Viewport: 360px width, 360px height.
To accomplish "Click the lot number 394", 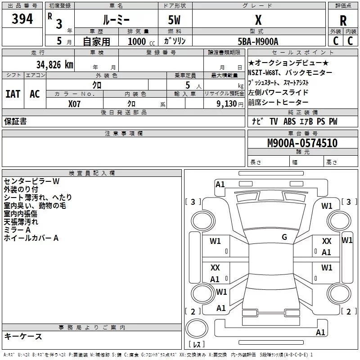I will tap(22, 19).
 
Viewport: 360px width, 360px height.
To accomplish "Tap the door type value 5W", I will tap(175, 20).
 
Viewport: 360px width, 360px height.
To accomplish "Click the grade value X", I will tap(258, 20).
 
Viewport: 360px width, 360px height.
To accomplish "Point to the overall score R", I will tap(343, 21).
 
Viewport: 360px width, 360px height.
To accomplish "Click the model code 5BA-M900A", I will tap(258, 41).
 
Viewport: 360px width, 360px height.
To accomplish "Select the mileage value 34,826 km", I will tap(54, 64).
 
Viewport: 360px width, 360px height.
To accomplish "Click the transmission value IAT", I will tap(13, 94).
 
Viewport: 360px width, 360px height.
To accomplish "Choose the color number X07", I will tap(75, 103).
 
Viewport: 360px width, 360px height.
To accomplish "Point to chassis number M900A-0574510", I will tap(302, 143).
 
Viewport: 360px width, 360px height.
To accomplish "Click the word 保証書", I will tap(15, 121).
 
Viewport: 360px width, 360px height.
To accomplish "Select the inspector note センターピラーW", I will tap(31, 181).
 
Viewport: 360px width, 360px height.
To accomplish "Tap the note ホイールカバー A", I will tap(31, 238).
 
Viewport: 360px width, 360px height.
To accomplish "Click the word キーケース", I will tap(23, 336).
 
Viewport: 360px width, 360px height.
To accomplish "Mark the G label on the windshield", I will tap(284, 237).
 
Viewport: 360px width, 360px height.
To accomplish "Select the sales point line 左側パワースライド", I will tap(278, 92).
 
